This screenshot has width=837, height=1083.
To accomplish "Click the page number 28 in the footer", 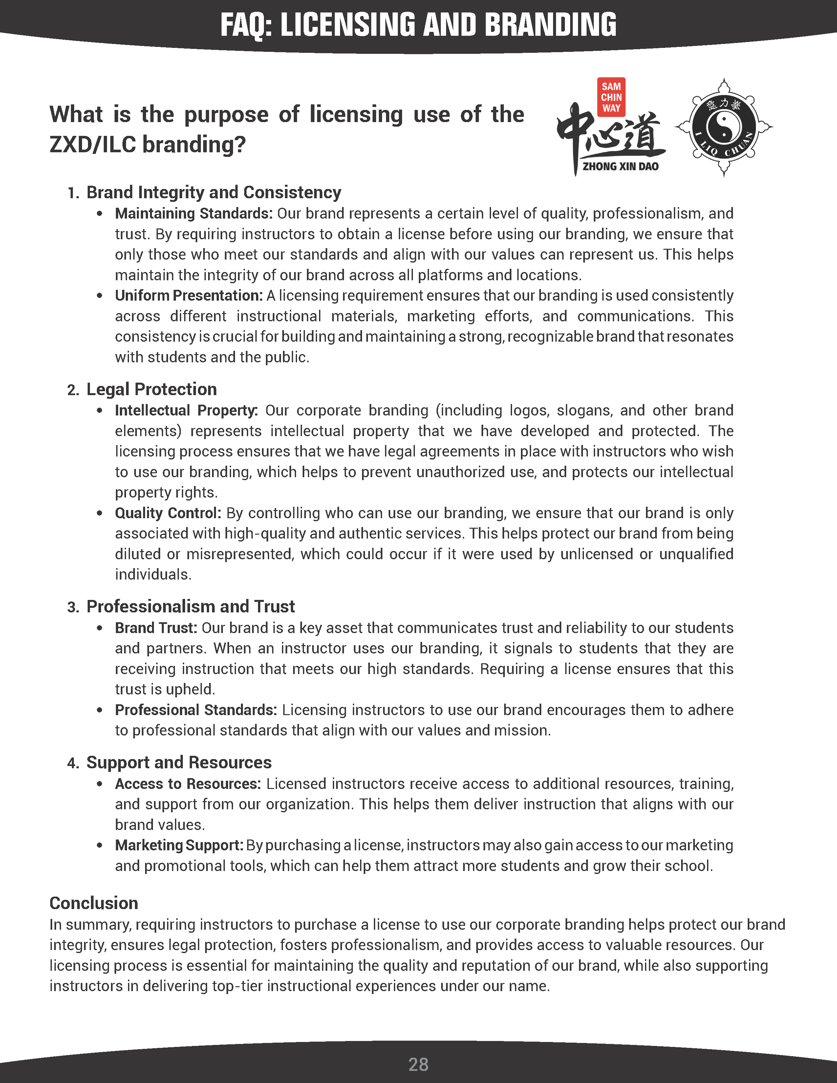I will point(418,1064).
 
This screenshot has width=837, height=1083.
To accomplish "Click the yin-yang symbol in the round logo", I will point(723,127).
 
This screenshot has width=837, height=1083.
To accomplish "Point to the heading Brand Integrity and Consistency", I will point(214,192).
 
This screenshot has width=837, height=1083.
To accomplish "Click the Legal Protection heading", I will point(151,389).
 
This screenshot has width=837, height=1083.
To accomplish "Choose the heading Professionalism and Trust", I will point(190,606).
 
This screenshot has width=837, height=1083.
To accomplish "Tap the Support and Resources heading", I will point(179,762).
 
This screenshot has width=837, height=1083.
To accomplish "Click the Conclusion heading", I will point(94,903).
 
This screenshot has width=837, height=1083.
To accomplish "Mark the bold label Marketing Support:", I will point(179,845).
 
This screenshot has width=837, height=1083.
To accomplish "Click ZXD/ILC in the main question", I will point(93,145).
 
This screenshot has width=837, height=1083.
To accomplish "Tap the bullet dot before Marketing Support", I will point(100,845).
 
